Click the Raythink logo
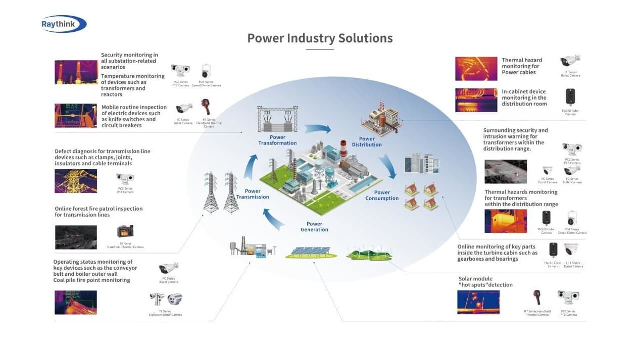click(64, 24)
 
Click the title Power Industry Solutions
click(320, 38)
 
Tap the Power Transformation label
click(277, 140)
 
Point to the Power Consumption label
click(382, 195)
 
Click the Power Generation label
click(314, 227)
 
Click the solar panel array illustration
click(310, 252)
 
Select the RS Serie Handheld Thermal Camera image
click(125, 231)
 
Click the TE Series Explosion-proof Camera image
click(166, 299)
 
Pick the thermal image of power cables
click(476, 69)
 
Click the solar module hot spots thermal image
click(478, 302)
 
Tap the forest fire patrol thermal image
click(76, 237)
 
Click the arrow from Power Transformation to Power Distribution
click(318, 128)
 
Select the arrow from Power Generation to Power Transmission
click(273, 218)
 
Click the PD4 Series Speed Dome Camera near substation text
click(206, 71)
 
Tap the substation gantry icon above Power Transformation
click(277, 119)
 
